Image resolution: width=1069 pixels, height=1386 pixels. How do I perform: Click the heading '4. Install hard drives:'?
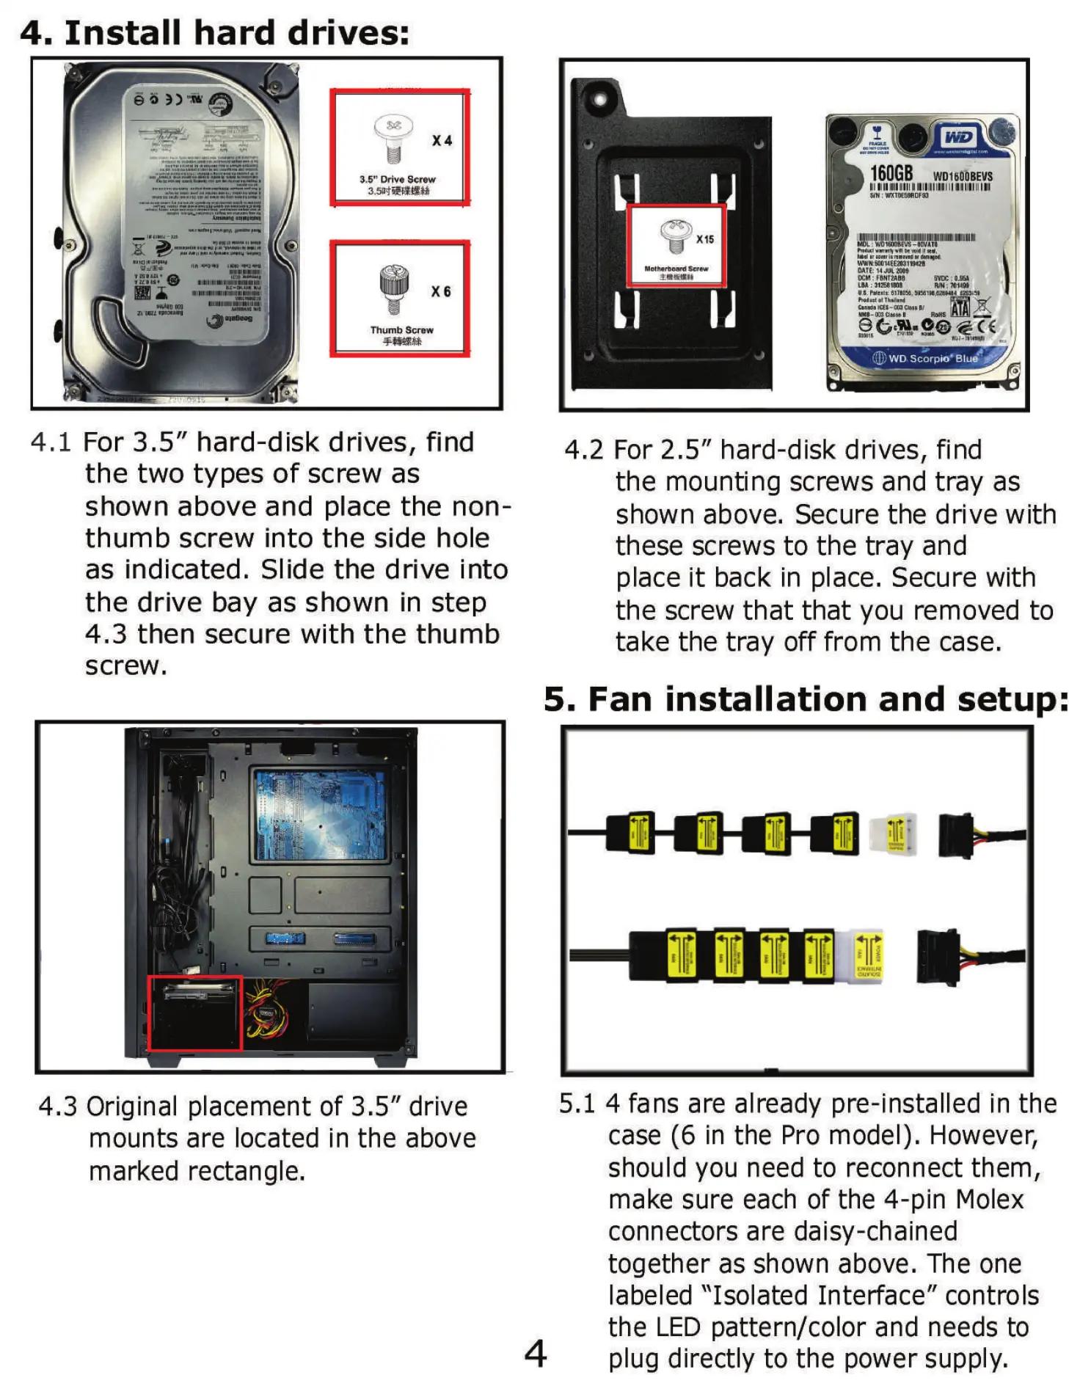[214, 33]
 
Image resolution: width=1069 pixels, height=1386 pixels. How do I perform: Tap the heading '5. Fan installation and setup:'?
[805, 699]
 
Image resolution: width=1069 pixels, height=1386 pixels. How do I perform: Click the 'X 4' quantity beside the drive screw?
[442, 140]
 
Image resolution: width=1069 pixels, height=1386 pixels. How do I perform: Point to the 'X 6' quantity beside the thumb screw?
[440, 291]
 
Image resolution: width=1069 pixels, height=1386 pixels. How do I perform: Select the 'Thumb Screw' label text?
[401, 330]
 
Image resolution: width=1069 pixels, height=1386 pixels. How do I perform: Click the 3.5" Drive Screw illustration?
[393, 137]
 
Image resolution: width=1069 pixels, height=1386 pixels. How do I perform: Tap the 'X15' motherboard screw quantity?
[704, 239]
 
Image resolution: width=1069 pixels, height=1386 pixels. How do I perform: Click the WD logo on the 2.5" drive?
[958, 137]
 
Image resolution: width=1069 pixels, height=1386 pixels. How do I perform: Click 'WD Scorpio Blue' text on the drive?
[933, 359]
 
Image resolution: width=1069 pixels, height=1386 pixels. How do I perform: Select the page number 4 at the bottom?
[536, 1352]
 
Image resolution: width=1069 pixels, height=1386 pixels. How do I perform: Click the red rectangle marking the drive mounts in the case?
[195, 1013]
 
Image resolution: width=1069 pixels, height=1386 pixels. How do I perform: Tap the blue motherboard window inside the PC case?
[320, 814]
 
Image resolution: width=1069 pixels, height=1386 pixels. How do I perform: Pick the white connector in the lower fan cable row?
[869, 956]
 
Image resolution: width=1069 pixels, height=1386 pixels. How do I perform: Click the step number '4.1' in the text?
[51, 442]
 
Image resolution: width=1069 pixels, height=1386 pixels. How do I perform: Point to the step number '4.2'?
[583, 450]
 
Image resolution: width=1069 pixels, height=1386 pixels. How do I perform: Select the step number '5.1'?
[577, 1104]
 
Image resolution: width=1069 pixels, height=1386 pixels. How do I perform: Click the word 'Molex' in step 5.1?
[989, 1200]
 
